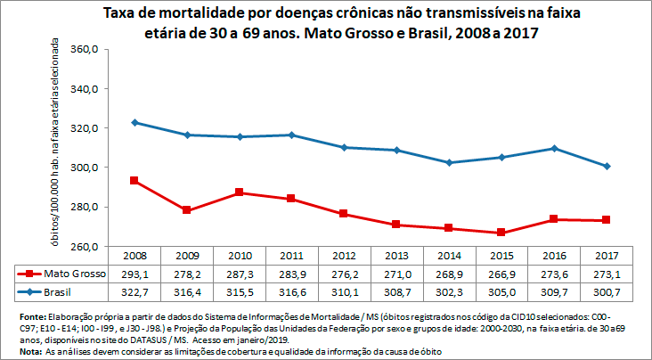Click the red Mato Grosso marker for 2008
point(134,181)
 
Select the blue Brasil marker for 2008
point(134,122)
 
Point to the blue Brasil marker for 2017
point(607,166)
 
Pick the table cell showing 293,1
point(134,274)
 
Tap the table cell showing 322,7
point(134,290)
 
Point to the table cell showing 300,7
point(607,290)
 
